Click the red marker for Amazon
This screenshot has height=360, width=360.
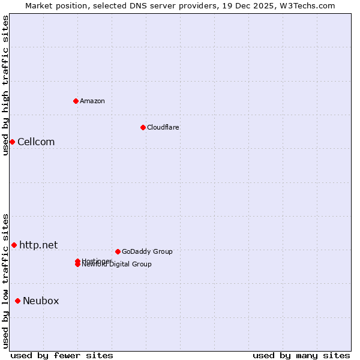tap(76, 101)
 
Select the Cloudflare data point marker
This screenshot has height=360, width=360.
tap(143, 127)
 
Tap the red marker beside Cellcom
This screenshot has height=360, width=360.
tap(12, 142)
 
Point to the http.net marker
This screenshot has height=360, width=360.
tap(14, 245)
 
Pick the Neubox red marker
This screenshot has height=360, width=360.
tap(17, 301)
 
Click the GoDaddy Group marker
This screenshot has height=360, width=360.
tap(118, 251)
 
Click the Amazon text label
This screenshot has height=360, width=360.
tap(92, 101)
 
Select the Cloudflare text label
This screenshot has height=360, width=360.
tap(163, 127)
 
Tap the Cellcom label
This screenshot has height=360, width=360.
tap(36, 142)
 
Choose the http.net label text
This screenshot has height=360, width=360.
tap(38, 245)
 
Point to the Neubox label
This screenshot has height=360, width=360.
tap(41, 301)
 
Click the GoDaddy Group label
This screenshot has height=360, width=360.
tap(147, 252)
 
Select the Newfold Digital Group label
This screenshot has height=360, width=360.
tap(118, 265)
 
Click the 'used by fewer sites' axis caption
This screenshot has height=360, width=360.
tap(62, 355)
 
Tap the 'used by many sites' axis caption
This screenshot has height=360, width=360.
tap(301, 355)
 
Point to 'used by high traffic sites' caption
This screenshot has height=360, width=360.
tap(6, 85)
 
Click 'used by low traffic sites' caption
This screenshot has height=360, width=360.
tap(6, 280)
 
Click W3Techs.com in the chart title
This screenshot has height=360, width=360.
tap(309, 5)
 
